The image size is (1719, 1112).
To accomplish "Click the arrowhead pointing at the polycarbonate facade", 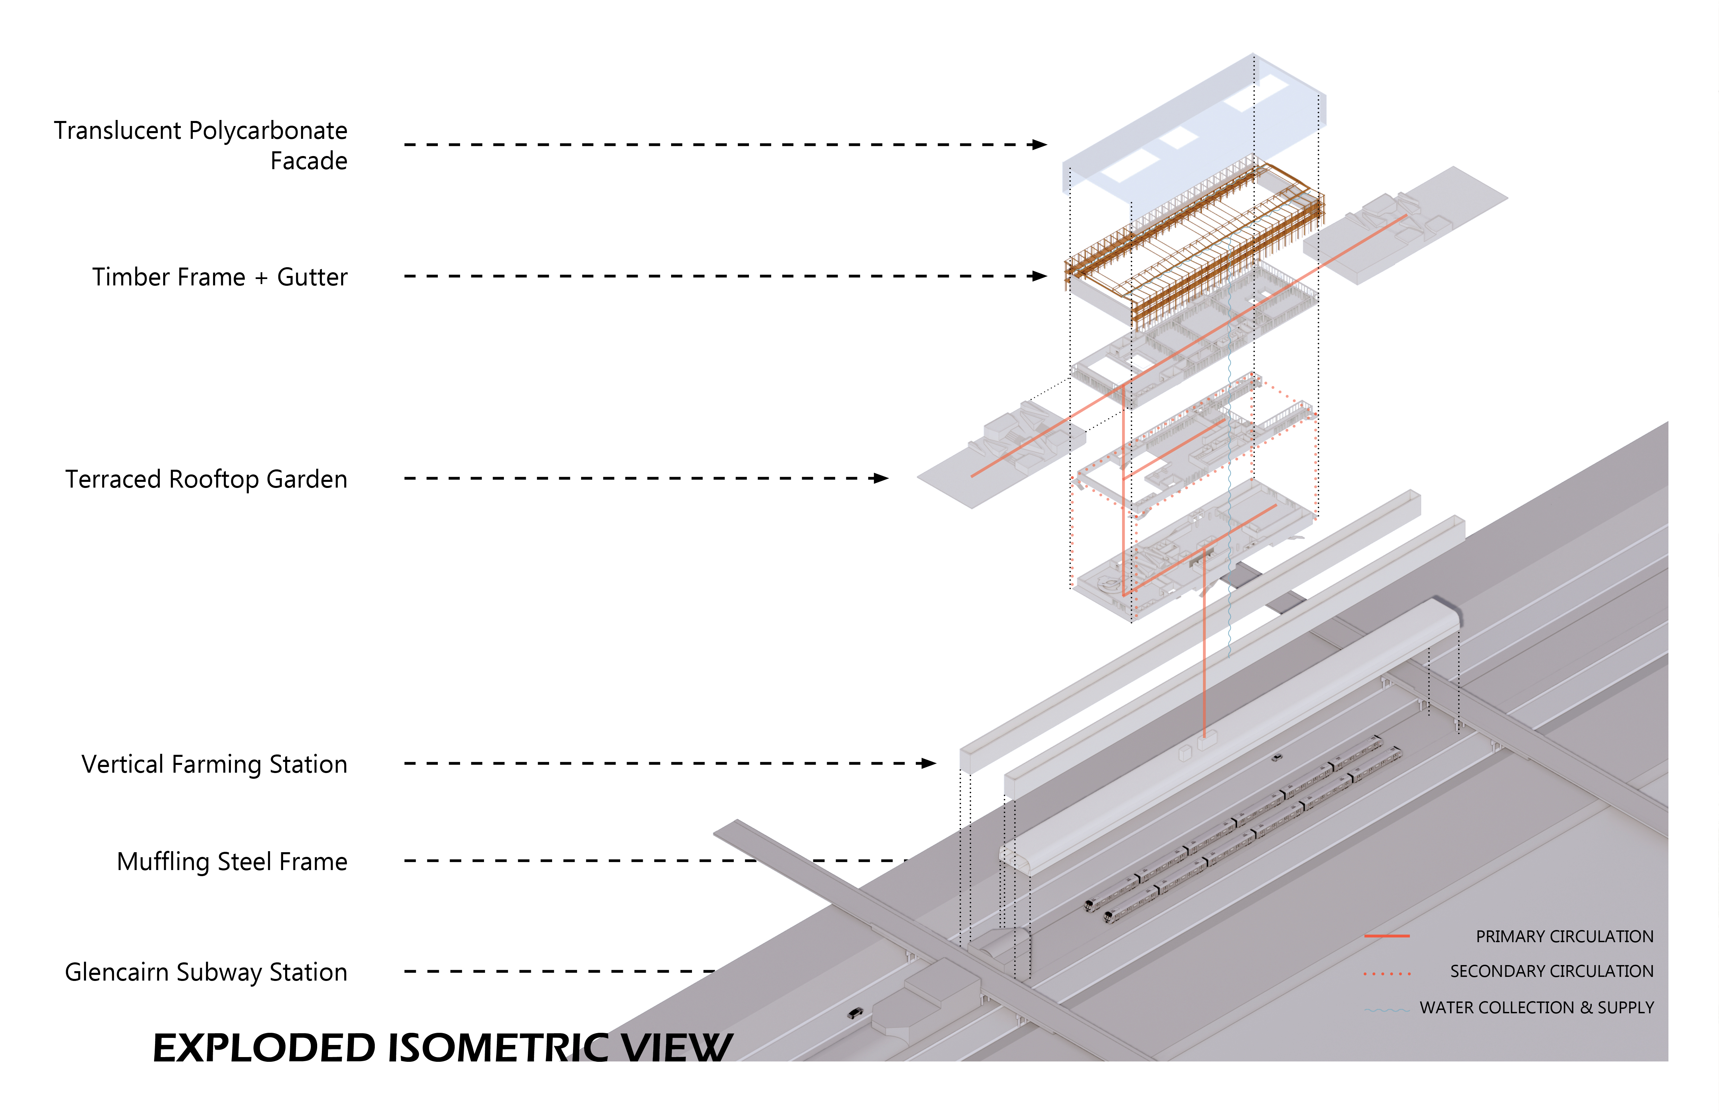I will click(x=1040, y=145).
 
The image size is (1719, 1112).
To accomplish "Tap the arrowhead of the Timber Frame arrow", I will click(x=1040, y=276).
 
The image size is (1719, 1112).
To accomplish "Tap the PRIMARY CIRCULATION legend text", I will click(x=1564, y=936).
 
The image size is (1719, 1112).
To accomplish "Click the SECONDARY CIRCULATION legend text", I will click(x=1551, y=971).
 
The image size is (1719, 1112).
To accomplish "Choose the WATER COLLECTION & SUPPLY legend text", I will click(x=1536, y=1007).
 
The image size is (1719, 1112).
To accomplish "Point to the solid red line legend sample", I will click(x=1387, y=936).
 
